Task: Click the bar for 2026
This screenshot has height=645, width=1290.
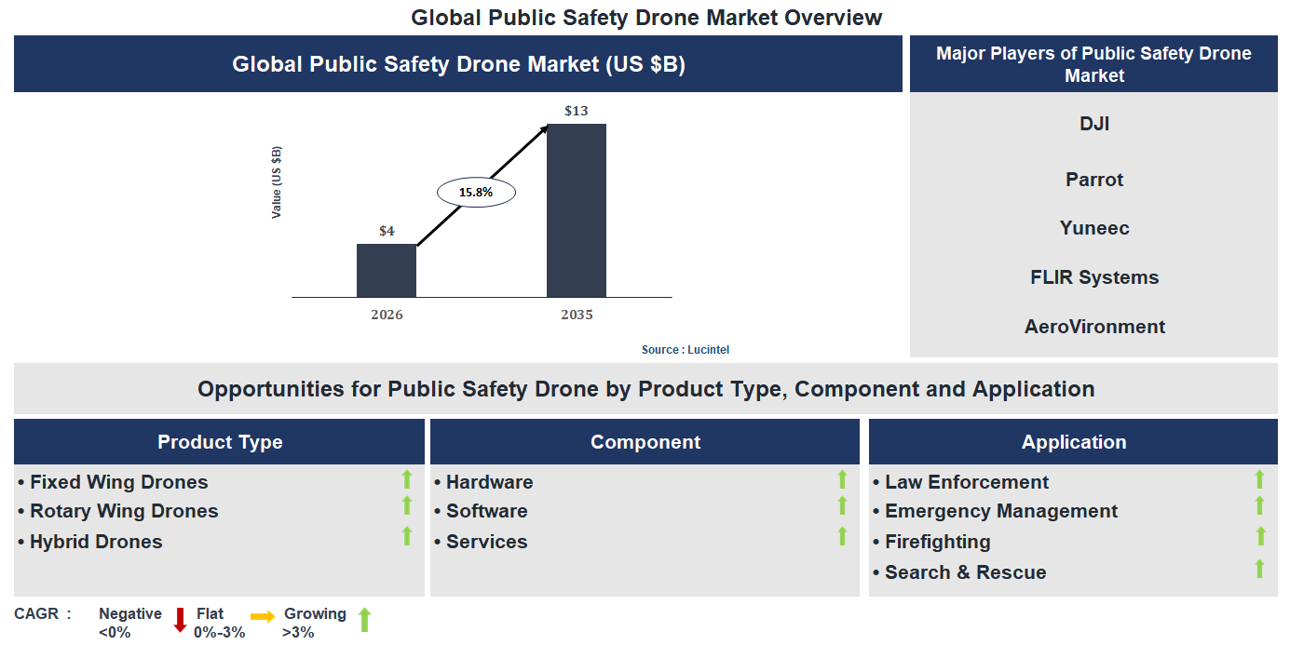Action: [387, 271]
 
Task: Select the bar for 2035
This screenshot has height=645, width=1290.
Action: [576, 210]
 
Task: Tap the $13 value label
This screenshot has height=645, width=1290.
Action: [576, 111]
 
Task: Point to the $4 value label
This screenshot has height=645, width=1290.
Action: [387, 231]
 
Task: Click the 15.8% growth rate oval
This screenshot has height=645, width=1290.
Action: [476, 193]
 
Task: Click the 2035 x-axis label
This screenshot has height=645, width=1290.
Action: [576, 315]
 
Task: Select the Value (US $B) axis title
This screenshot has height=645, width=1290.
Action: [277, 182]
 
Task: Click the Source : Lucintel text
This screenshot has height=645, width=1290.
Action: [685, 350]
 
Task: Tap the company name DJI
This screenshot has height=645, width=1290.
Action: [1093, 124]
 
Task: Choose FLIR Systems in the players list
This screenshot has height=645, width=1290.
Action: [1093, 277]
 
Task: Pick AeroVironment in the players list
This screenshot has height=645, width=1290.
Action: [1093, 327]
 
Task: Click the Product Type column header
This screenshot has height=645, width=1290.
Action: [220, 442]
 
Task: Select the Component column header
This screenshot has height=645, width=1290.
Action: [645, 442]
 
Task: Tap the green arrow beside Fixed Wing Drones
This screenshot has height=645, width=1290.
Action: [406, 480]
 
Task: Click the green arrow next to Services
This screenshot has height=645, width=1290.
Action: [842, 536]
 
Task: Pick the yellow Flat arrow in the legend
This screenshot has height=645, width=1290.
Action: [263, 616]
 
